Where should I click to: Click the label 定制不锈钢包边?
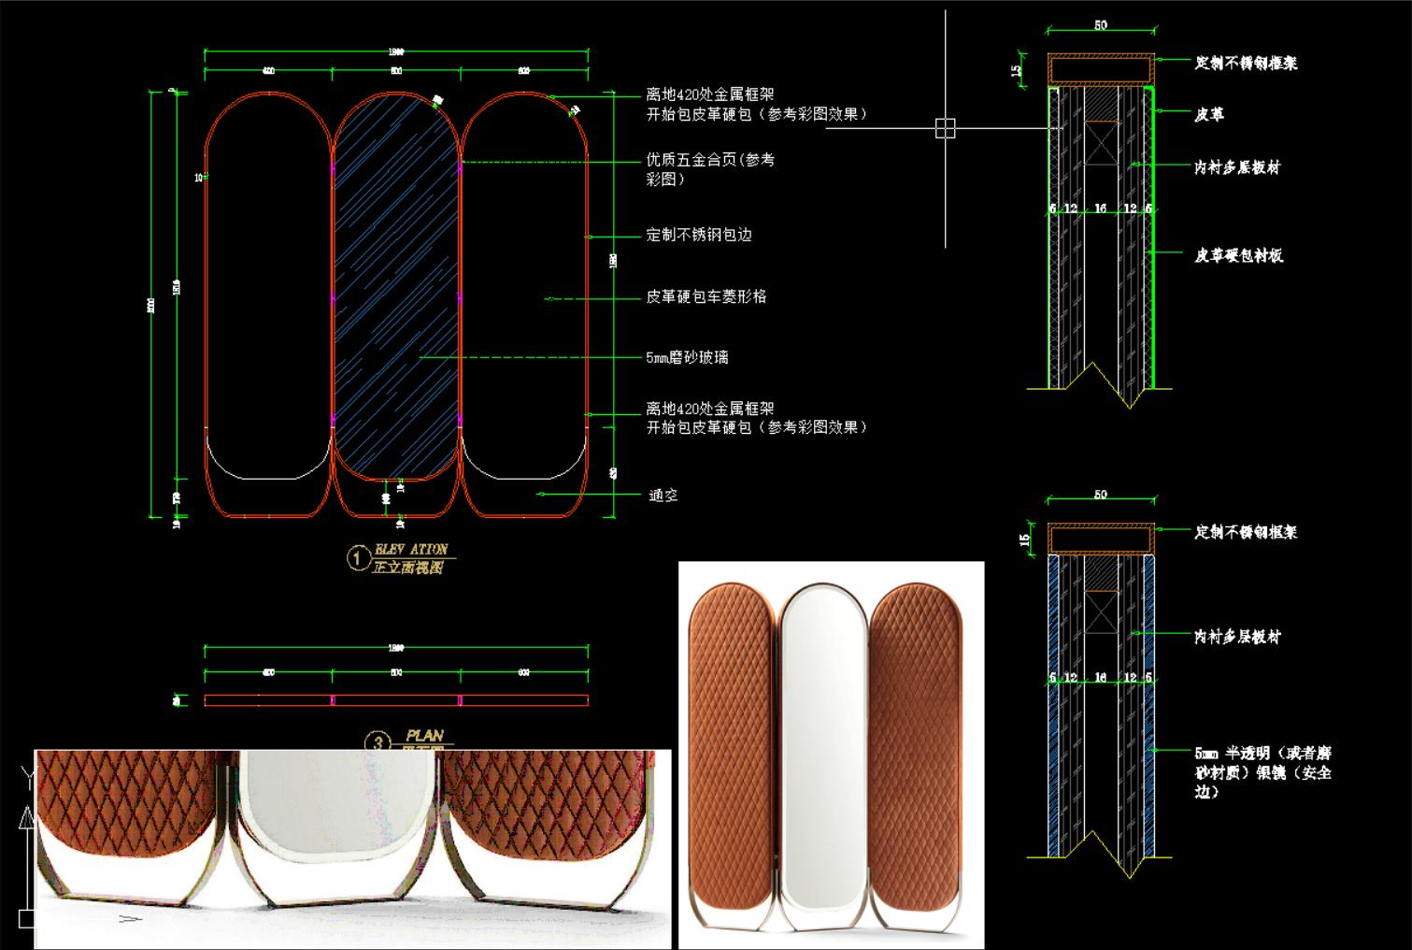[698, 235]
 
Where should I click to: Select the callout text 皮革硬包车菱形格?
[706, 296]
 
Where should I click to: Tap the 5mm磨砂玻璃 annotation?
[687, 357]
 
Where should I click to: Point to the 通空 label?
[663, 496]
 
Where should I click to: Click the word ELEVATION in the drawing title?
[411, 549]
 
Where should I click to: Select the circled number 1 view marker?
[357, 558]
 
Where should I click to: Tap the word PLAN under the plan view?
[425, 736]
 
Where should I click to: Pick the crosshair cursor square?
[945, 129]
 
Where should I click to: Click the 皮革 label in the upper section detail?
[1208, 114]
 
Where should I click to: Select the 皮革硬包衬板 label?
[1238, 255]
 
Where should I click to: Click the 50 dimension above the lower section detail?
[1100, 494]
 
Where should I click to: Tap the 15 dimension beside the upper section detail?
[1017, 70]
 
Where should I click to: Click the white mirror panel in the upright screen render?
[822, 748]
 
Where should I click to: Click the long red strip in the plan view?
[396, 700]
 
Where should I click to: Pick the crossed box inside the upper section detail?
[1101, 143]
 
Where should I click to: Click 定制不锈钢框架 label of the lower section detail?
[1245, 532]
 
